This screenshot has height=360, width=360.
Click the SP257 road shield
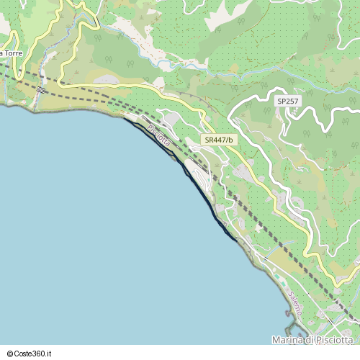pos(287,102)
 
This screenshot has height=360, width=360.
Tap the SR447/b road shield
pos(219,140)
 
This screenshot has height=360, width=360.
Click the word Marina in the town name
pos(289,340)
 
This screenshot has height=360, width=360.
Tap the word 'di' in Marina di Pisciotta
pos(310,340)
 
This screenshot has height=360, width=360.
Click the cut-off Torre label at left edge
pos(11,53)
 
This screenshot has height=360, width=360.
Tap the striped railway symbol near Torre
pos(40,90)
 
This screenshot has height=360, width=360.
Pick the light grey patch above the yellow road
pos(108,80)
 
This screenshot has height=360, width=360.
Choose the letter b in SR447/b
pos(230,140)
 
